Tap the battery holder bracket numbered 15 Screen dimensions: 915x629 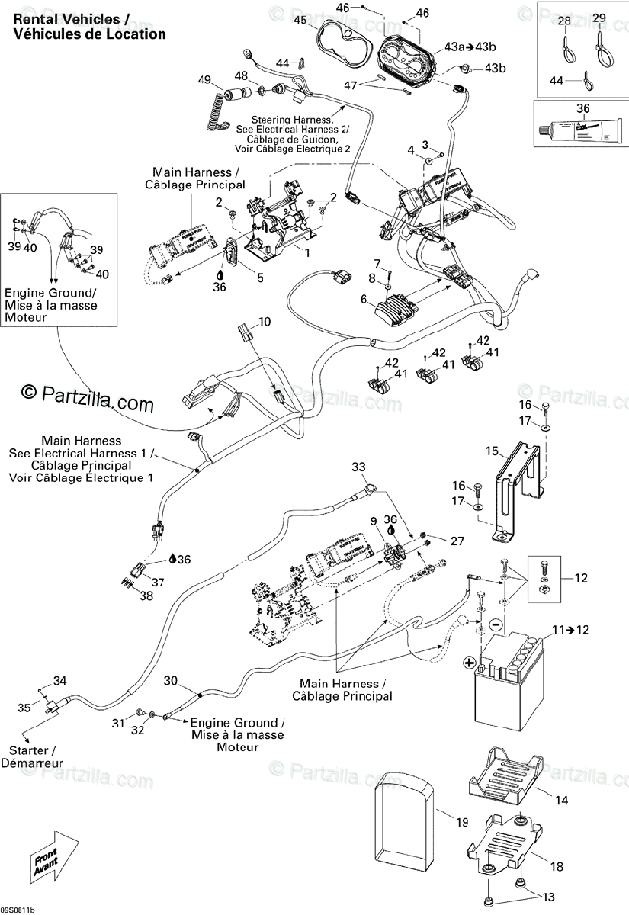(x=518, y=488)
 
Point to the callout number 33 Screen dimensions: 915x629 (x=358, y=467)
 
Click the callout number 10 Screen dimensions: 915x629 (x=264, y=322)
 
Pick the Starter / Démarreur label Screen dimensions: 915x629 (x=32, y=756)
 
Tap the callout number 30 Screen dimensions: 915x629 (x=170, y=680)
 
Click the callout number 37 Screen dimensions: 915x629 (x=157, y=583)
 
